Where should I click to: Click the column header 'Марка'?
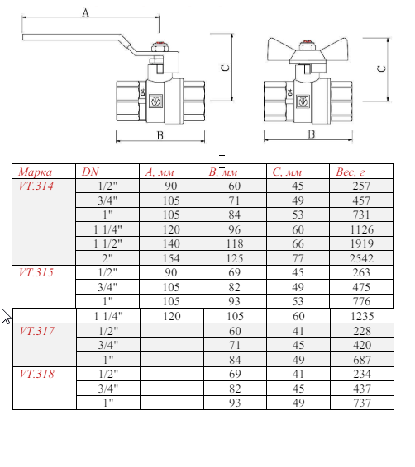(x=36, y=172)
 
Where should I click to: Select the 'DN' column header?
(x=89, y=172)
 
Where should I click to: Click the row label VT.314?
(x=36, y=186)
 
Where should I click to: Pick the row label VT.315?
(x=36, y=272)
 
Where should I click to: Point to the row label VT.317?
(x=36, y=330)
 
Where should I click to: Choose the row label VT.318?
(x=36, y=374)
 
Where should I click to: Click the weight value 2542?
(x=362, y=258)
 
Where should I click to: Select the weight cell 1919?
(x=362, y=244)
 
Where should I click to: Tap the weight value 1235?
(x=362, y=316)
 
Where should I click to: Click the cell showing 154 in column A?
(x=171, y=258)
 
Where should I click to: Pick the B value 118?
(x=234, y=244)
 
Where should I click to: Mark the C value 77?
(x=298, y=258)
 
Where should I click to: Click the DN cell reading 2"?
(x=107, y=258)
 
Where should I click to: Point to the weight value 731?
(x=362, y=215)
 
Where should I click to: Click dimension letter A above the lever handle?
(x=86, y=12)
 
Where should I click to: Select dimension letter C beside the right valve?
(x=381, y=68)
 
